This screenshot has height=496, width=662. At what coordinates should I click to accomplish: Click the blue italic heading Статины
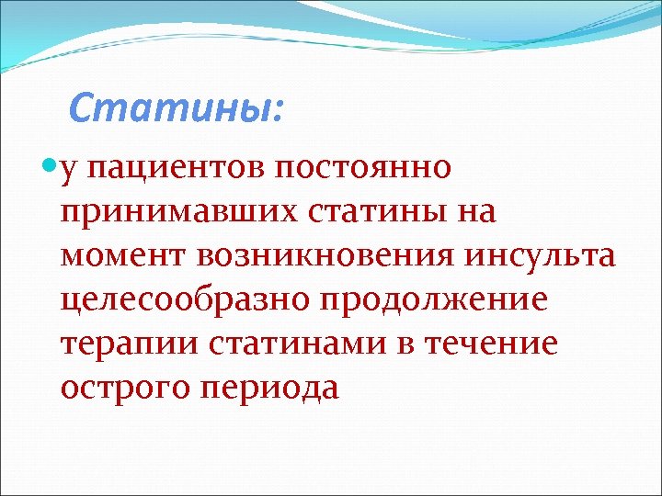point(170,109)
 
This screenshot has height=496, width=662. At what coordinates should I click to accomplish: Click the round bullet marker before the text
point(50,168)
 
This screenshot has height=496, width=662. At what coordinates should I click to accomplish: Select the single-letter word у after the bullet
point(71,171)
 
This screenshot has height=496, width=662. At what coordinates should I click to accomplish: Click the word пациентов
point(183,169)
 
